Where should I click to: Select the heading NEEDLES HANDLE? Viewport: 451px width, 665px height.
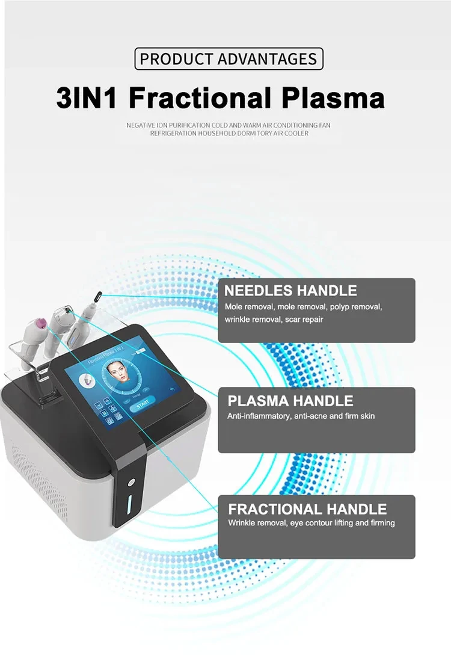(x=290, y=291)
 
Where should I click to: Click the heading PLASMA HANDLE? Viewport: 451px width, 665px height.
(x=290, y=401)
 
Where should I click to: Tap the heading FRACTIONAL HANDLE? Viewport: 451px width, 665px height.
(x=307, y=509)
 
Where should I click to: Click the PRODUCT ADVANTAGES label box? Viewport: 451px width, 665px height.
(x=229, y=59)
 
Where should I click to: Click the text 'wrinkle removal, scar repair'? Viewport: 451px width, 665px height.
(x=274, y=320)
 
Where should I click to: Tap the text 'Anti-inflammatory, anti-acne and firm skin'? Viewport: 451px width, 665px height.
(x=301, y=416)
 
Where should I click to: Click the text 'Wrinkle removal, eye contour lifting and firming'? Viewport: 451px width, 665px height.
(x=311, y=523)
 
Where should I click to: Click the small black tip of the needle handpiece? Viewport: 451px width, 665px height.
(x=96, y=294)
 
